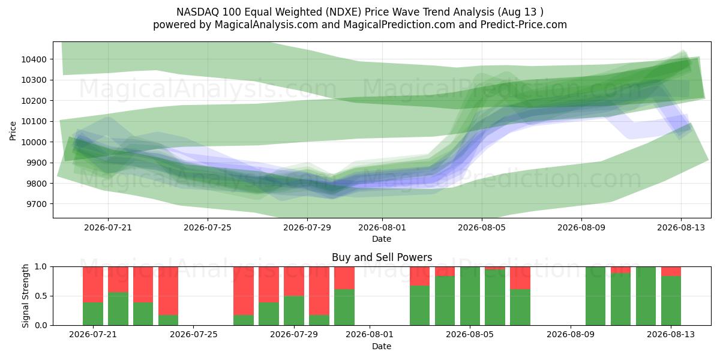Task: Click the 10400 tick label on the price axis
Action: click(x=34, y=59)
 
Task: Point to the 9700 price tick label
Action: click(x=36, y=204)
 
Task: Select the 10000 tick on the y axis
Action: click(x=34, y=142)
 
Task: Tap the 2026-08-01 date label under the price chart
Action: click(x=382, y=227)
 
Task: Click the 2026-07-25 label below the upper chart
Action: click(x=208, y=227)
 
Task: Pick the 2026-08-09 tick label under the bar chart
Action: click(x=571, y=335)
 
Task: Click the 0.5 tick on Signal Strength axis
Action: click(x=41, y=296)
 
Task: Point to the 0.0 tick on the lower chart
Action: click(x=41, y=325)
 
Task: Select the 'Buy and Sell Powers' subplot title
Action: click(x=382, y=257)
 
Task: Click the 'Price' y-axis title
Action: click(x=13, y=131)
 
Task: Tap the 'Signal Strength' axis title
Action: click(x=25, y=296)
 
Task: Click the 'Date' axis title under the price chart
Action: click(x=382, y=239)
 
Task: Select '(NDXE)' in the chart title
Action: click(x=343, y=12)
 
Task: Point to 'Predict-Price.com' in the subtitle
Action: click(x=524, y=25)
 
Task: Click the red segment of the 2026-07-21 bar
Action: click(x=93, y=284)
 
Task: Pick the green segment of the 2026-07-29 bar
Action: click(x=294, y=311)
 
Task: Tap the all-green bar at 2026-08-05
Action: click(x=470, y=296)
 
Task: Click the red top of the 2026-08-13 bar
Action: click(x=671, y=271)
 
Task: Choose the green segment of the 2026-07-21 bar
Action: click(x=93, y=314)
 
